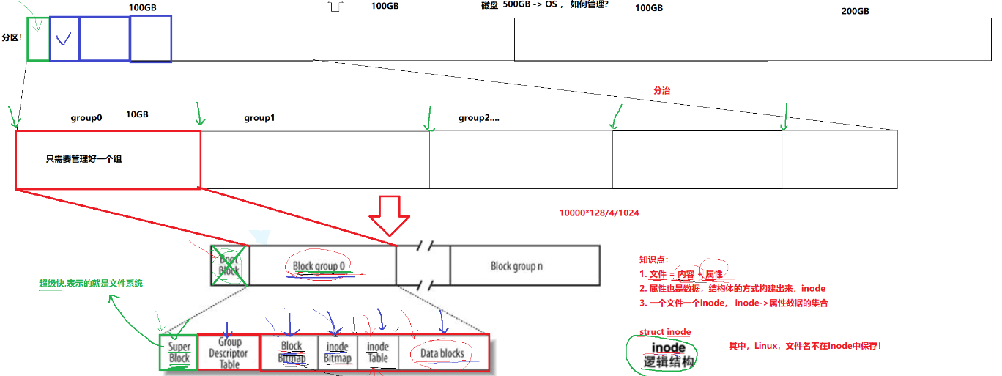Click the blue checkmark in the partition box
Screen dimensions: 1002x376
[x=64, y=38]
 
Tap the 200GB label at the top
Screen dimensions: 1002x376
[x=855, y=11]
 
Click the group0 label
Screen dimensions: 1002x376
[x=86, y=118]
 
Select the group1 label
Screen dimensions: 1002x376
[x=259, y=118]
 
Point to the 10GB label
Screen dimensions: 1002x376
[x=138, y=114]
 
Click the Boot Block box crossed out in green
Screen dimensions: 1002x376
[x=230, y=265]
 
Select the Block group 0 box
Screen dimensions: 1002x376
[x=322, y=265]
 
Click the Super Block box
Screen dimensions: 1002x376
[x=179, y=353]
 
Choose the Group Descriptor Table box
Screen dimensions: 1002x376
[x=229, y=353]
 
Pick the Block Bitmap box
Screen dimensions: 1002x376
[x=291, y=353]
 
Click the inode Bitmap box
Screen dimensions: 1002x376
[x=338, y=353]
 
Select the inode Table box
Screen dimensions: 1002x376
[x=378, y=353]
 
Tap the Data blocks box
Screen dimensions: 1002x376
[x=442, y=353]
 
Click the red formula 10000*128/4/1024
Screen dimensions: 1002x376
[x=598, y=213]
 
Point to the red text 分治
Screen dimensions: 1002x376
[x=661, y=91]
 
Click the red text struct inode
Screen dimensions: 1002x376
[x=665, y=332]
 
